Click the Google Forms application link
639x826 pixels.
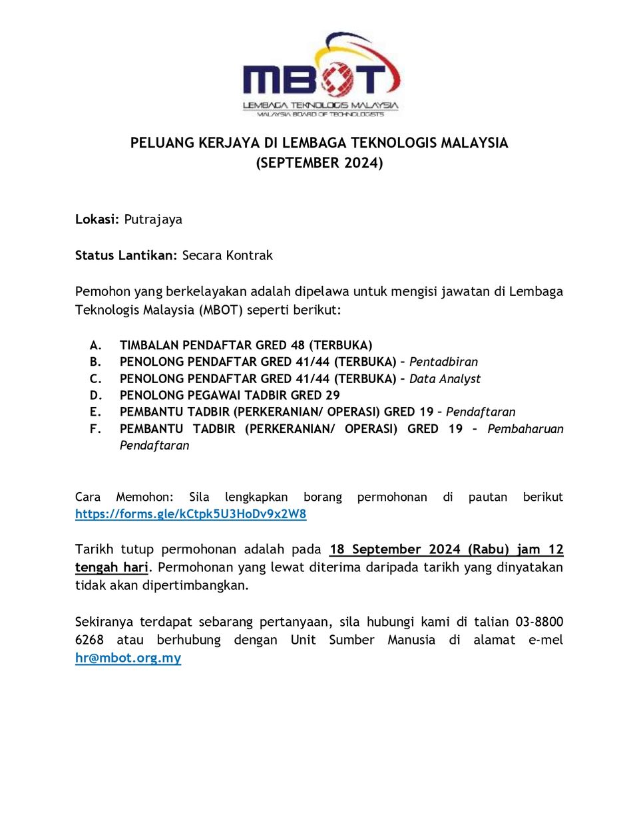(x=190, y=514)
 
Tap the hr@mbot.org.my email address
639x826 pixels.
(x=128, y=658)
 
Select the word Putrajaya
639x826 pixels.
(x=153, y=219)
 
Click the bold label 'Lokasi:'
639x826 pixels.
(x=97, y=219)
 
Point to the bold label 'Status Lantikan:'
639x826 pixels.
(x=126, y=255)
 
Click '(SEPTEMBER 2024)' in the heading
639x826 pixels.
(x=319, y=163)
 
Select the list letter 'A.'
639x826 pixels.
(x=96, y=345)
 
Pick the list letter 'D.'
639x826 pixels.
(x=96, y=395)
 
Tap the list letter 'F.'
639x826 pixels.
(x=96, y=429)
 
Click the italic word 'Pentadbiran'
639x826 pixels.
(x=443, y=362)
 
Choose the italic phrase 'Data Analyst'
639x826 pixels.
(x=445, y=378)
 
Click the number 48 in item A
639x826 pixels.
(x=298, y=345)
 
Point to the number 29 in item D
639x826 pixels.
(x=332, y=395)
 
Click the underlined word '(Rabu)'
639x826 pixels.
(x=489, y=549)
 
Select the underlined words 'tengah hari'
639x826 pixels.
(x=111, y=567)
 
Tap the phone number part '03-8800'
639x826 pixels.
(x=539, y=622)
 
